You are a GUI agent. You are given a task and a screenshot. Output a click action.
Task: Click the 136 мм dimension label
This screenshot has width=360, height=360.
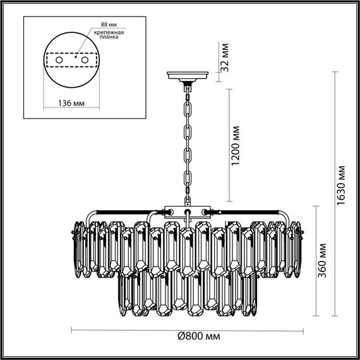(x=71, y=104)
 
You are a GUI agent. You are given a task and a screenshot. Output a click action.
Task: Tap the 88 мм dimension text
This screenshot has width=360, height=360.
(x=109, y=25)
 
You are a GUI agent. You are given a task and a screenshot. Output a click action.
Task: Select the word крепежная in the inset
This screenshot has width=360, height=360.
(x=109, y=32)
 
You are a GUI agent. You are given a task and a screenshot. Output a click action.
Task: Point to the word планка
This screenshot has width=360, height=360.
(x=109, y=37)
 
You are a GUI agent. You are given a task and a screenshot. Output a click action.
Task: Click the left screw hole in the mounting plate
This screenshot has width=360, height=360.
(x=59, y=60)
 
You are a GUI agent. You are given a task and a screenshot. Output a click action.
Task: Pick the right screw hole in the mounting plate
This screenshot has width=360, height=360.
(x=85, y=60)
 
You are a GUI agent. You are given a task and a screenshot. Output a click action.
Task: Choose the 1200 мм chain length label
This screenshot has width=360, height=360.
(x=236, y=145)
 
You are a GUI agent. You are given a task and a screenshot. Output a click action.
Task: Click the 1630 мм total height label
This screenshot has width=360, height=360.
(x=340, y=185)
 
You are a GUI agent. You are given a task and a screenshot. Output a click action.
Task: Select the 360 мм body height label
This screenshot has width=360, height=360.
(x=322, y=260)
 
